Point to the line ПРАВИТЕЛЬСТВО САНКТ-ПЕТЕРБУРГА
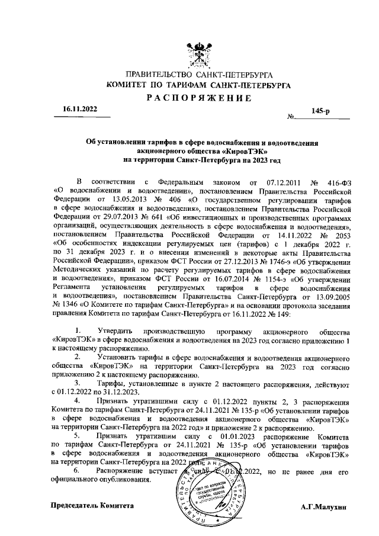[x=196, y=75]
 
